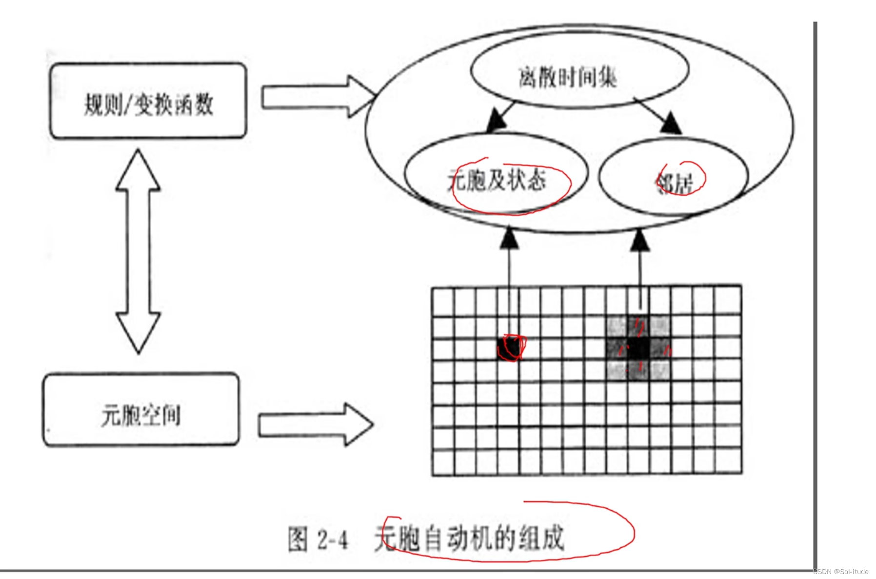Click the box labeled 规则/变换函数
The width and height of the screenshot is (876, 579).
[x=148, y=101]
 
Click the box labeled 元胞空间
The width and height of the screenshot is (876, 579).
[x=141, y=410]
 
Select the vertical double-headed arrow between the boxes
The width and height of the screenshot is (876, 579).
[x=138, y=251]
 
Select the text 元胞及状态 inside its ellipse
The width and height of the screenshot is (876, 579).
[x=497, y=180]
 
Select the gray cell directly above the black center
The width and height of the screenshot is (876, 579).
[x=638, y=326]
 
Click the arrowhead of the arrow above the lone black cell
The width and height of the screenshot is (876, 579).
[x=509, y=238]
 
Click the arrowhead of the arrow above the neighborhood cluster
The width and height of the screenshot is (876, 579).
[x=639, y=240]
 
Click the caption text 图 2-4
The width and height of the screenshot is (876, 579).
[x=318, y=540]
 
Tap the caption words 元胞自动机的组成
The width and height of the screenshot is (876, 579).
[x=469, y=538]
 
